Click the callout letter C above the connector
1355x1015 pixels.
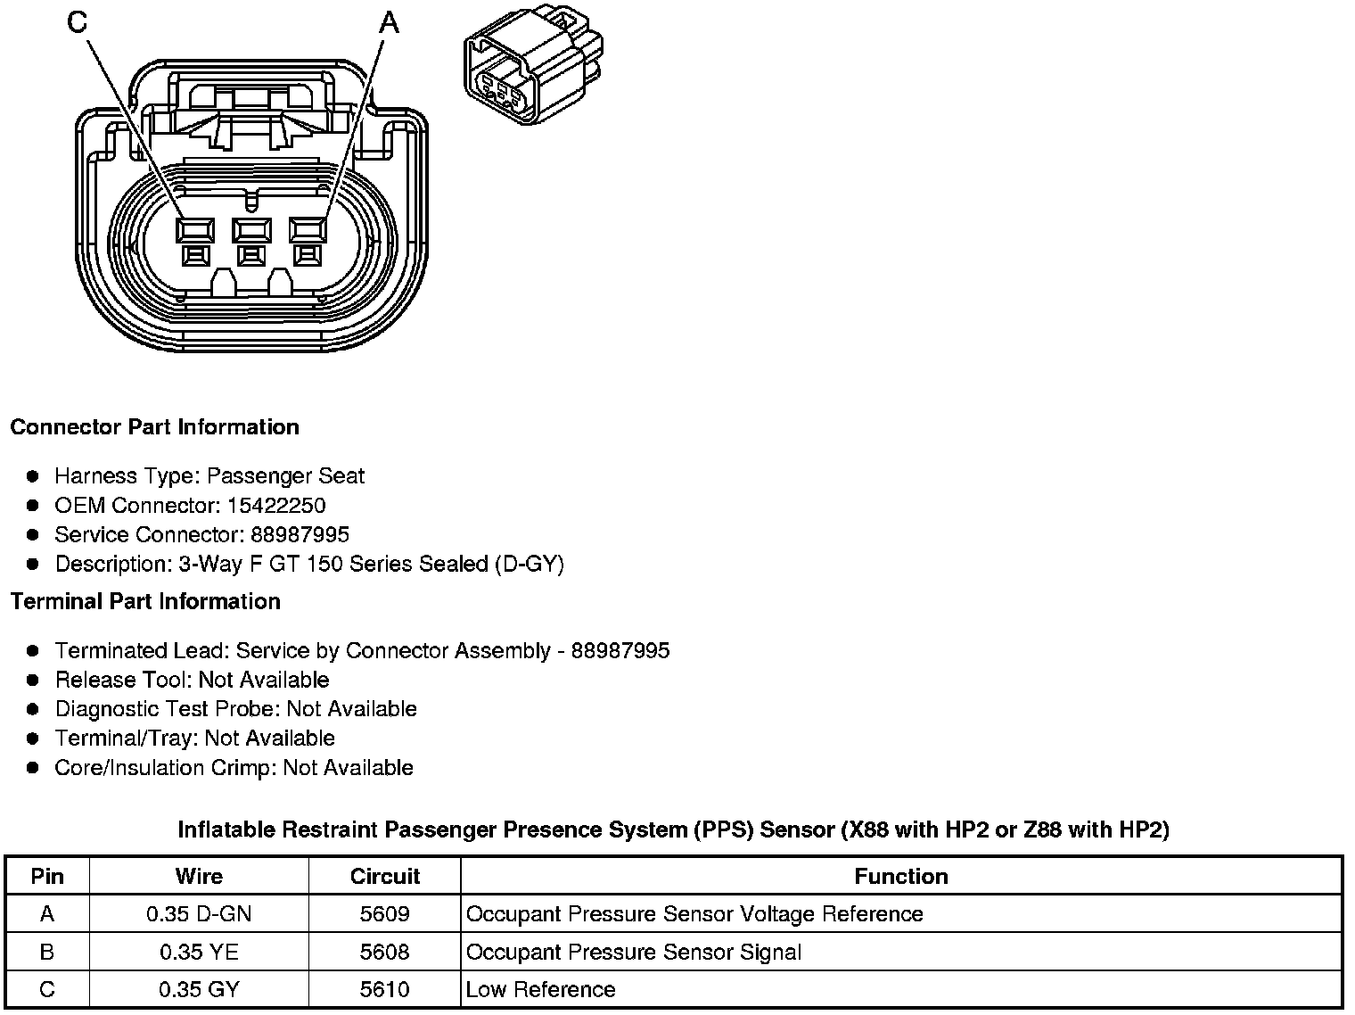point(78,22)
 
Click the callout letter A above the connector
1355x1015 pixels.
point(390,22)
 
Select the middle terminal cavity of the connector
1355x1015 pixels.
point(251,231)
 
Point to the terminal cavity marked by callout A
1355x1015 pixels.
point(308,231)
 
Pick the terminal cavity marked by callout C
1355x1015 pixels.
point(195,231)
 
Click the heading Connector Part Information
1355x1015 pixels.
point(154,427)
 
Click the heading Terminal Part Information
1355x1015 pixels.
point(145,602)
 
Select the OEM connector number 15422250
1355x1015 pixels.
point(276,506)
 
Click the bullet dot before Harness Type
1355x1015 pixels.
point(34,476)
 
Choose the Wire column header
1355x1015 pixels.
point(199,876)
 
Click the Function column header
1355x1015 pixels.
point(900,876)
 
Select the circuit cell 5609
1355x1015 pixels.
point(384,914)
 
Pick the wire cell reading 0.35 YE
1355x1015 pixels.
point(199,953)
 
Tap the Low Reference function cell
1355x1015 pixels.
point(541,990)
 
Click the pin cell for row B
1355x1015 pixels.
point(47,953)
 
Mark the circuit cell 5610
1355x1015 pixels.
point(384,990)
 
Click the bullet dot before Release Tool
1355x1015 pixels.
point(34,681)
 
